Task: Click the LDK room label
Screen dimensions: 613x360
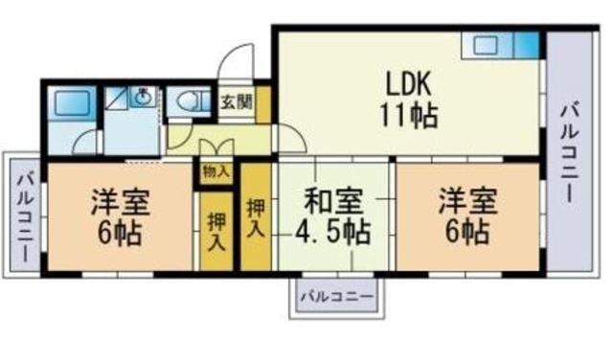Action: (409, 83)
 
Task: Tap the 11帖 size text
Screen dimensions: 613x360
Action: (409, 116)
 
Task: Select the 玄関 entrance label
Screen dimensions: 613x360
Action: (237, 102)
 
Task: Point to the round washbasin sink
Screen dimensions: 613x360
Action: (143, 97)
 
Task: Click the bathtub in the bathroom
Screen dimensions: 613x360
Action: (71, 102)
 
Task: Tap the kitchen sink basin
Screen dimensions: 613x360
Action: (486, 45)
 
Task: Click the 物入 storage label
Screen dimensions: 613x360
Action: (216, 171)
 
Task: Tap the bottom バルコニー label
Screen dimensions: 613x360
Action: (336, 297)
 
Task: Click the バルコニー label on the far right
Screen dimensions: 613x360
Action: (569, 152)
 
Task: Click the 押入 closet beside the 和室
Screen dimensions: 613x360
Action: (256, 217)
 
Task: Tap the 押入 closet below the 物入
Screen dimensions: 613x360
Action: (216, 232)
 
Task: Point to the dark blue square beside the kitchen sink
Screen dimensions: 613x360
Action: (526, 45)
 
